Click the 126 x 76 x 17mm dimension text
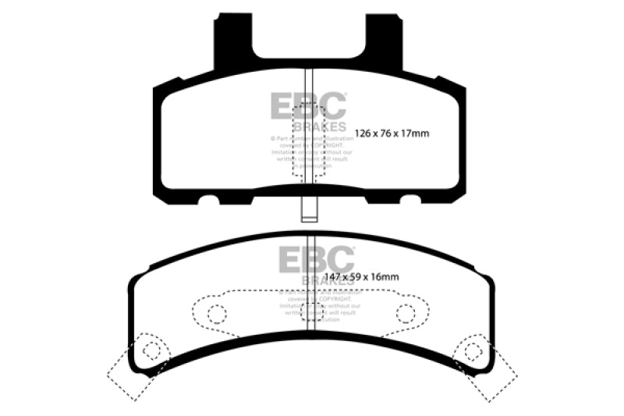point(392,133)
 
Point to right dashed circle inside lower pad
point(405,314)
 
